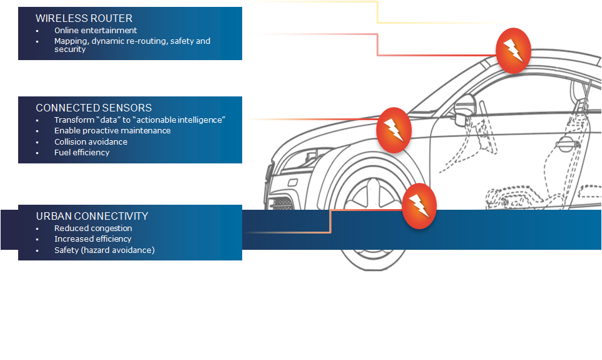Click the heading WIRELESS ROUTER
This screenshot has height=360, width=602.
[84, 19]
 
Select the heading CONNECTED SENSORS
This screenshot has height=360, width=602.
[93, 108]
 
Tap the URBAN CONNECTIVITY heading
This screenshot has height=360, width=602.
[92, 216]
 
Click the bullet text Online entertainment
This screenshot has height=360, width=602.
[95, 30]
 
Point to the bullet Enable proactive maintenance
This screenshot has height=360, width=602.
[112, 131]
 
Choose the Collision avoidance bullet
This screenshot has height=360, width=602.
[91, 141]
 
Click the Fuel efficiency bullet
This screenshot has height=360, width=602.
[81, 152]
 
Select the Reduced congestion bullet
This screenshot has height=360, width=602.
[93, 229]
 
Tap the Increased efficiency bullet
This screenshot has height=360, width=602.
[93, 239]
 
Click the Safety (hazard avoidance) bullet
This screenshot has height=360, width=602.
[104, 250]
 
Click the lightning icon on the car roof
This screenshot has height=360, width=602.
[513, 51]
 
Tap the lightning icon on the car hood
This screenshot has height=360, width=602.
[394, 130]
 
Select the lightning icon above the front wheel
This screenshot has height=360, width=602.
[419, 205]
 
